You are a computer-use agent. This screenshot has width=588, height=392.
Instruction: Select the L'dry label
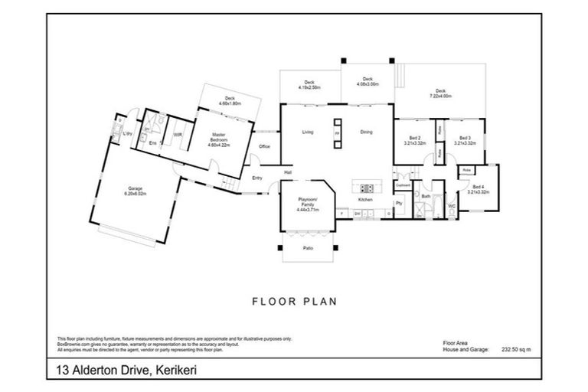pos(127,136)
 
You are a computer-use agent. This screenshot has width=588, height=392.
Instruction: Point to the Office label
pos(264,146)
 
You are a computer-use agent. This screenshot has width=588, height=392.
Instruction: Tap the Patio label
pos(308,248)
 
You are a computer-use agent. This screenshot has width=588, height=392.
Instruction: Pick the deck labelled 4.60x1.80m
pos(230,100)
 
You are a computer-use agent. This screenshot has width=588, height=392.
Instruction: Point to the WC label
pos(451,205)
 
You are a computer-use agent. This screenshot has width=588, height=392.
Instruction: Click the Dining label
pos(366,132)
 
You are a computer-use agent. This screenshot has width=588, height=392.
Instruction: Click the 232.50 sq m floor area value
pos(515,349)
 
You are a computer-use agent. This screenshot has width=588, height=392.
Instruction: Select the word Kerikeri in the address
pos(181,370)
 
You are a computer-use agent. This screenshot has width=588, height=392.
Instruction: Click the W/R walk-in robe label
pos(177,135)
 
